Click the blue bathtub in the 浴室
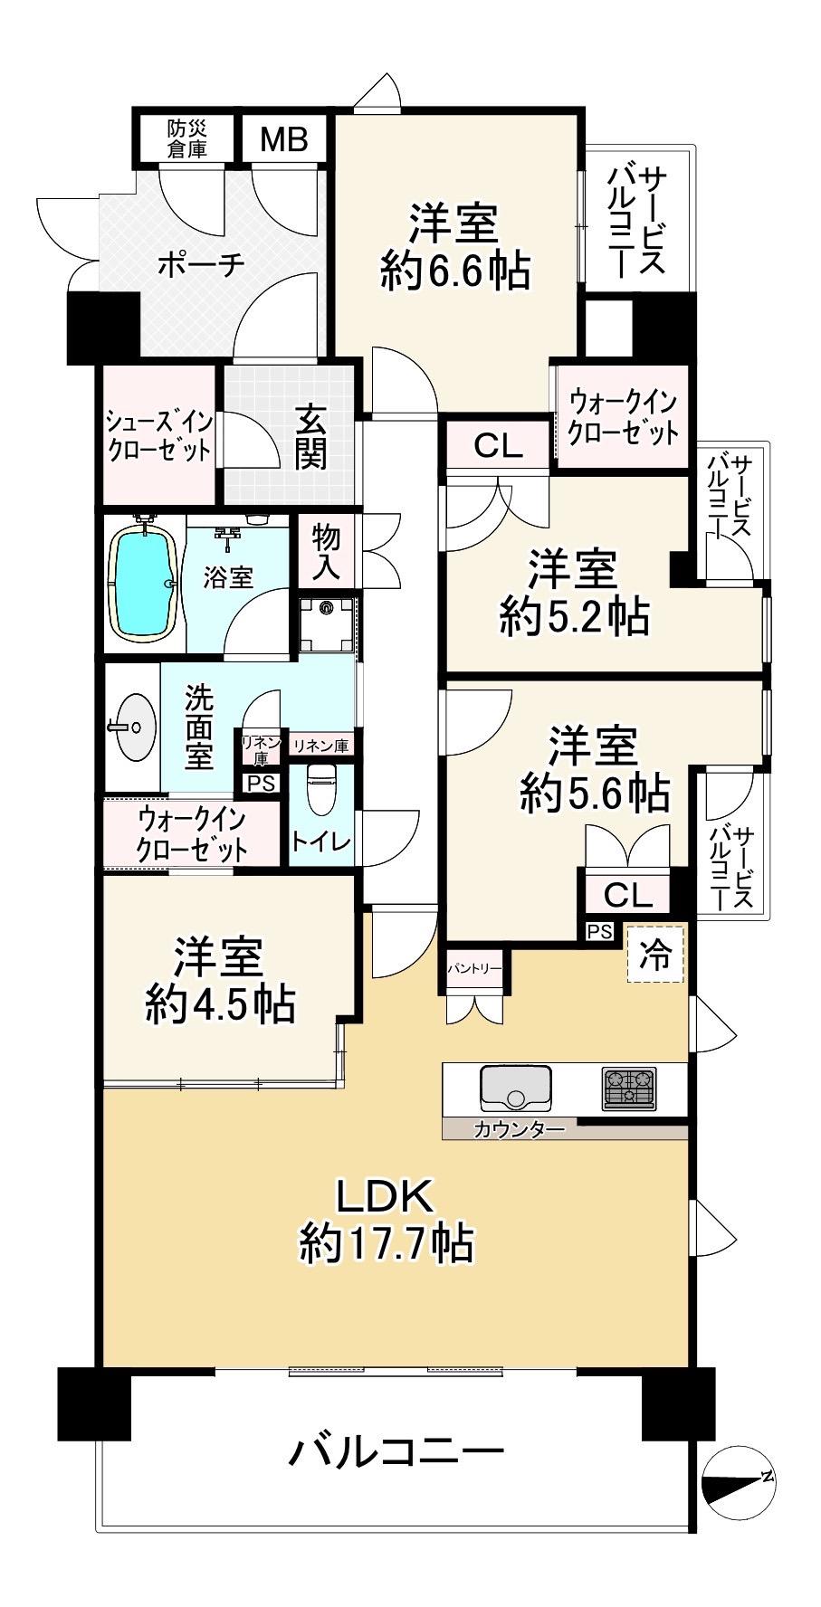pyautogui.click(x=143, y=584)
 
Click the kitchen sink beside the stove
pyautogui.click(x=516, y=1087)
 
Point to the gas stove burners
pyautogui.click(x=628, y=1088)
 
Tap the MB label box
pyautogui.click(x=284, y=139)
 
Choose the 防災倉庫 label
pyautogui.click(x=186, y=138)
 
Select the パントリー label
pyautogui.click(x=473, y=969)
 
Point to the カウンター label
pyautogui.click(x=520, y=1129)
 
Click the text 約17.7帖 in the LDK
pyautogui.click(x=387, y=1245)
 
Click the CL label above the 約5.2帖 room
pyautogui.click(x=498, y=445)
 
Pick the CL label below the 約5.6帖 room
pyautogui.click(x=627, y=895)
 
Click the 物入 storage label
pyautogui.click(x=326, y=551)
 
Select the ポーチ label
pyautogui.click(x=202, y=264)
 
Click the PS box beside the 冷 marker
pyautogui.click(x=599, y=931)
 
